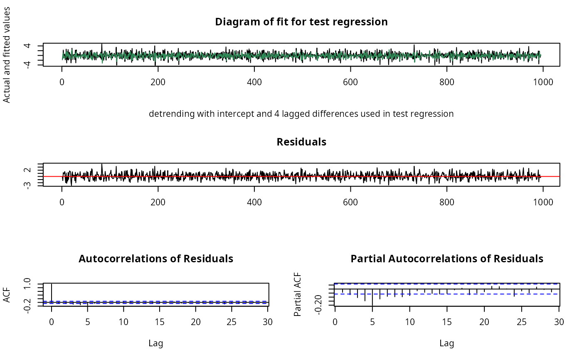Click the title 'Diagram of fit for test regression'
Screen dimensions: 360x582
pyautogui.click(x=301, y=22)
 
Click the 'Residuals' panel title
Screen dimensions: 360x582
pyautogui.click(x=301, y=142)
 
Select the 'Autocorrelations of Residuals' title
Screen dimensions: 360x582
pyautogui.click(x=156, y=259)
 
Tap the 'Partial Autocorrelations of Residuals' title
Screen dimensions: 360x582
pyautogui.click(x=447, y=259)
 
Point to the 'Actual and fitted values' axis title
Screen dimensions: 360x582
pyautogui.click(x=7, y=54)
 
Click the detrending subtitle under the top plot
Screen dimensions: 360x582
pyautogui.click(x=301, y=113)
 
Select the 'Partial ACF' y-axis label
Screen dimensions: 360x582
pyautogui.click(x=298, y=294)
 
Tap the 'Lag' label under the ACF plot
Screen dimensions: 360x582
pyautogui.click(x=156, y=343)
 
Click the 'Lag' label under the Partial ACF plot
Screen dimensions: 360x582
pyautogui.click(x=447, y=343)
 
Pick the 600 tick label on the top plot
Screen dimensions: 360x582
pyautogui.click(x=350, y=82)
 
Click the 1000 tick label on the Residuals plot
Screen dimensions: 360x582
pyautogui.click(x=543, y=202)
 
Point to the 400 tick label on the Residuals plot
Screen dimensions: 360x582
pyautogui.click(x=254, y=202)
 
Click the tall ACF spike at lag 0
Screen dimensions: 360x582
pyautogui.click(x=51, y=293)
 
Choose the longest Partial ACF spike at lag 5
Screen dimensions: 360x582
pyautogui.click(x=372, y=297)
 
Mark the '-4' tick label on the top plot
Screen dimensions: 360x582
pyautogui.click(x=29, y=63)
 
